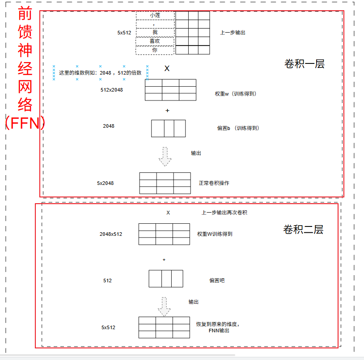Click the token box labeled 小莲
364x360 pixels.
[155, 15]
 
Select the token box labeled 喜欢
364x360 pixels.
[155, 41]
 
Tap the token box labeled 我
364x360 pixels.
[155, 32]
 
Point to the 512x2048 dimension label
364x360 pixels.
[112, 90]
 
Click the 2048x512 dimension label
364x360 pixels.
[111, 234]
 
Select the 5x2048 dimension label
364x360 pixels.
[106, 183]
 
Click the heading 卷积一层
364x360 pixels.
[304, 64]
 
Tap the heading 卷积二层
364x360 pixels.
[303, 230]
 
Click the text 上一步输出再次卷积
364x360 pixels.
[224, 213]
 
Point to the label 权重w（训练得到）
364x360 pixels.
[236, 94]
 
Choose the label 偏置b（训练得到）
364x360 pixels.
[238, 128]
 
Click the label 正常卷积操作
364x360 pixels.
[214, 183]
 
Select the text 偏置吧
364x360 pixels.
[217, 280]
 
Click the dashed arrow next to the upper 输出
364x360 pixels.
[165, 156]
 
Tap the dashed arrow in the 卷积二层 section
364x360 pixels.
[165, 306]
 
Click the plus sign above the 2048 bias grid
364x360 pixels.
[168, 110]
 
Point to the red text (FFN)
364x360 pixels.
[25, 123]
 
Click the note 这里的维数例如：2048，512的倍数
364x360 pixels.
[100, 73]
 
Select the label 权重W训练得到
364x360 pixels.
[215, 234]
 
